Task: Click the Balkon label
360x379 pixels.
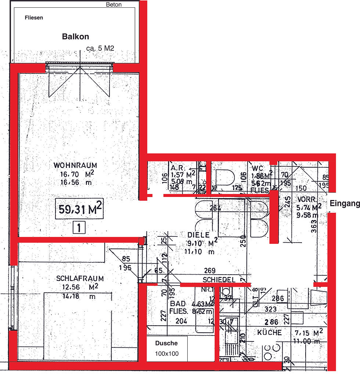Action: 75,37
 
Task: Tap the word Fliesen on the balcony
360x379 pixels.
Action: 34,18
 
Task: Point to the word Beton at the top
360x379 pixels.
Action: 114,5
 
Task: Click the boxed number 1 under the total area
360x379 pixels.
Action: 79,228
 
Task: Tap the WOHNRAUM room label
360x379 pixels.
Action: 75,165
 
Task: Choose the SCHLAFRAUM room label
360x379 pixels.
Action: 80,279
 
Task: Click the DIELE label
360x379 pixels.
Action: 198,235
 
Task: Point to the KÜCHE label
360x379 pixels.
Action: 269,332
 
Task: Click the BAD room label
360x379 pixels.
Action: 177,304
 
